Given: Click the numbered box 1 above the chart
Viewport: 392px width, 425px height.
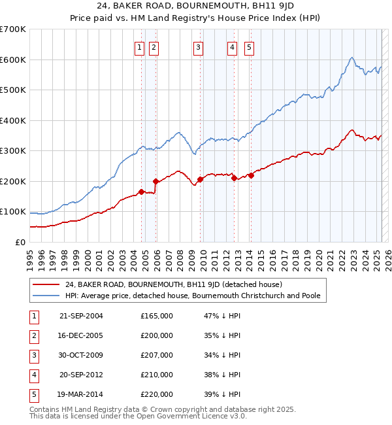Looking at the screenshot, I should [x=140, y=46].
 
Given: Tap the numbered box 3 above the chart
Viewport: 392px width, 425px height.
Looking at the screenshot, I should [x=198, y=46].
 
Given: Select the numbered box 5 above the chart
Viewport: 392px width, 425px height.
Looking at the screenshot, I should [x=250, y=46].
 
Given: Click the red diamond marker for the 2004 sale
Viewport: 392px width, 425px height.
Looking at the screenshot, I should [x=141, y=192].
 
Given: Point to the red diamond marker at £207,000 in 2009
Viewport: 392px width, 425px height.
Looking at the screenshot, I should [x=200, y=179].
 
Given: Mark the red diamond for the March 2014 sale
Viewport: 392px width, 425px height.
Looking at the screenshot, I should [x=251, y=175].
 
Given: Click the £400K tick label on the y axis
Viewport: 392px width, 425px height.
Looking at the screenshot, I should [x=13, y=120].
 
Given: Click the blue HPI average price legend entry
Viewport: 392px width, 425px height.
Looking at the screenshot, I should [x=192, y=296].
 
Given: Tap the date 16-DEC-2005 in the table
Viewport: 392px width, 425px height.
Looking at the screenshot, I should [x=81, y=335].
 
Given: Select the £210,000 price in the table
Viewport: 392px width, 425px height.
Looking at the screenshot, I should [x=157, y=375].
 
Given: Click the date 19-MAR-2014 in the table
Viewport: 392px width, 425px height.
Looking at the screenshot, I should [x=81, y=394].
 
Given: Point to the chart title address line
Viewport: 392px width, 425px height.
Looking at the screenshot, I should [x=196, y=7].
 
